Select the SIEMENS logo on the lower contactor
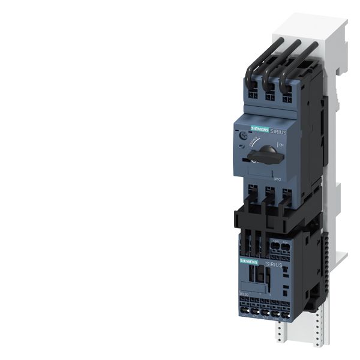coord(249,262)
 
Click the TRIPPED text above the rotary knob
coord(260,143)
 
